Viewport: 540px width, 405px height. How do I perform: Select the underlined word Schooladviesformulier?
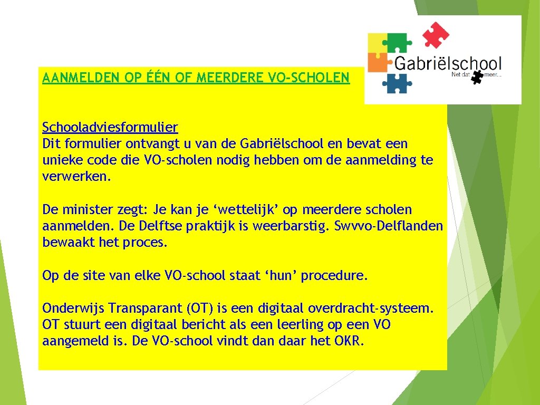click(110, 127)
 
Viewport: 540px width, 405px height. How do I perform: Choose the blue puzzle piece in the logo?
click(397, 83)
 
